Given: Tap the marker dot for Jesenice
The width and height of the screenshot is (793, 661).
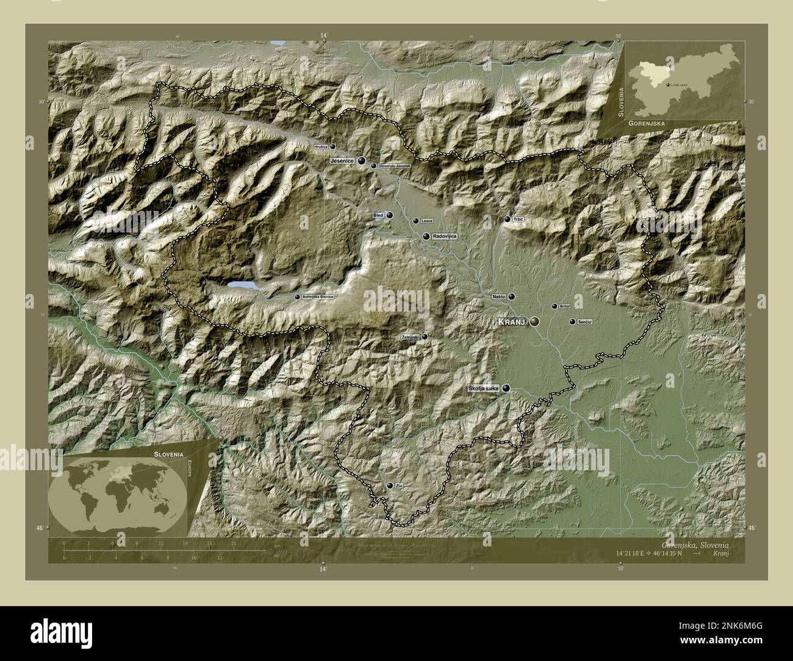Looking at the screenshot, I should [362, 161].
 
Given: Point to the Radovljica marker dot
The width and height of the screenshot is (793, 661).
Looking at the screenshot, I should [426, 236].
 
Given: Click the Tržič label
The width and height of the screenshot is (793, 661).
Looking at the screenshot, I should [518, 220].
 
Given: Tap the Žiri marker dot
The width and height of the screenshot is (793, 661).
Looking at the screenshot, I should [390, 485].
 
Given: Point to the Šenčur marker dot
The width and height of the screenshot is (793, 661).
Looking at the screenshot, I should [572, 321].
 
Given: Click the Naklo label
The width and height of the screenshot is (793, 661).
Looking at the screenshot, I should [499, 297].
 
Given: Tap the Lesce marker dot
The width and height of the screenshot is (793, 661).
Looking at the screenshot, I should [415, 221].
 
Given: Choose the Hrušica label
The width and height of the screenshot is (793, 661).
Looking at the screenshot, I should [321, 147].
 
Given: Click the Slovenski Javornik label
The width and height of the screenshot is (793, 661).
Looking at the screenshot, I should [395, 166].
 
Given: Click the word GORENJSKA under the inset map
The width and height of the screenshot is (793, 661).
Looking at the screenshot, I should [645, 123].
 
